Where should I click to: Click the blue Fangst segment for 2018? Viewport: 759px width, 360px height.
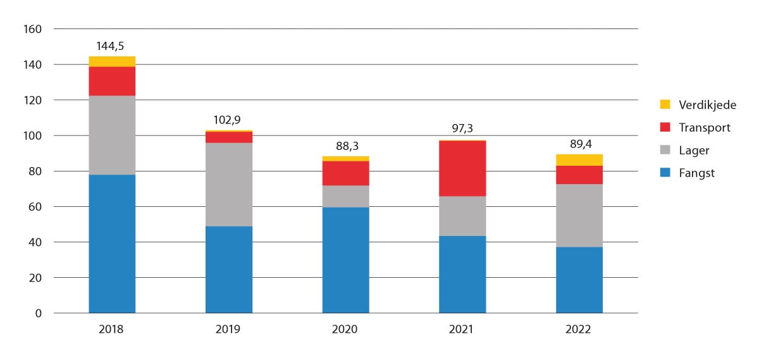(112, 244)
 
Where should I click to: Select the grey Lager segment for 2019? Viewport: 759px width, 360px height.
(229, 184)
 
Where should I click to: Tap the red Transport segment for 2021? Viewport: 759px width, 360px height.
(462, 168)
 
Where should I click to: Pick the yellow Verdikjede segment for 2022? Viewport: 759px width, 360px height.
(579, 159)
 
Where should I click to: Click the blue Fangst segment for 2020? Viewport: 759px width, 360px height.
(346, 260)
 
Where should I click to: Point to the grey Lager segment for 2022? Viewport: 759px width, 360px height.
(579, 215)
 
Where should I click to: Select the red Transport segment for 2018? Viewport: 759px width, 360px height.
(112, 81)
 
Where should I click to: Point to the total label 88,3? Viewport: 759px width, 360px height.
(346, 146)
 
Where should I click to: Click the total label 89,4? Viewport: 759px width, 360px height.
(579, 144)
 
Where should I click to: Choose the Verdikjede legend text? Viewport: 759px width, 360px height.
(707, 105)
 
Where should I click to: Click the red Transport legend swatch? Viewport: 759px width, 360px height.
(665, 128)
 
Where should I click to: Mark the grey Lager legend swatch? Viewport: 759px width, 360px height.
(665, 151)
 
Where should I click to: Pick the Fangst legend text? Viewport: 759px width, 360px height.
(696, 173)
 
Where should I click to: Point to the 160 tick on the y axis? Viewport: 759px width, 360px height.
(33, 29)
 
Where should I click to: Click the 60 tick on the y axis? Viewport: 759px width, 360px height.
(35, 207)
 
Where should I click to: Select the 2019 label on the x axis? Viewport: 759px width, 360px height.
(229, 330)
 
